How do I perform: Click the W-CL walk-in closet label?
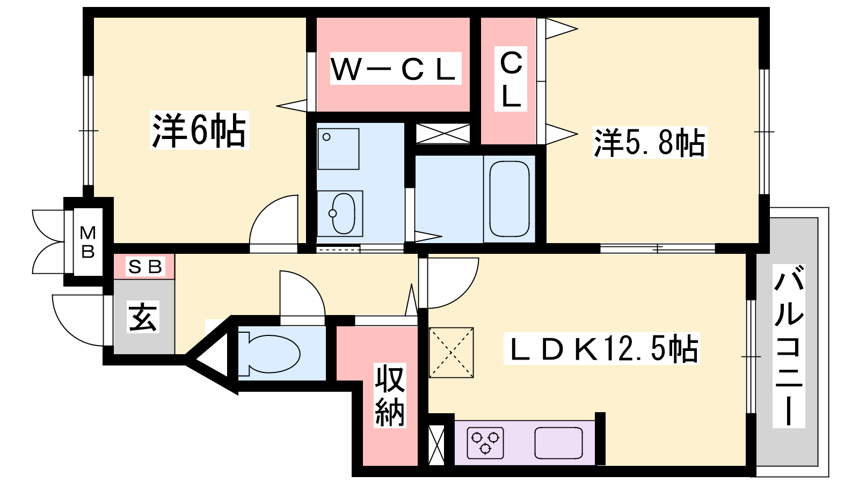[x=395, y=69]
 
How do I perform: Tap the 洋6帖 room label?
[x=199, y=130]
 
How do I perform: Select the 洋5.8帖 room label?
[x=650, y=143]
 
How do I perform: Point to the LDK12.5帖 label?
[x=601, y=348]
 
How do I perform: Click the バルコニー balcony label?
[x=789, y=346]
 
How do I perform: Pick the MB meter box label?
[x=88, y=242]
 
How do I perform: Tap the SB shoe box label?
[x=145, y=266]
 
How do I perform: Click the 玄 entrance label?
[x=143, y=317]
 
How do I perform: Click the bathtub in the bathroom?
[x=509, y=199]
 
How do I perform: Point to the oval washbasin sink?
[x=343, y=213]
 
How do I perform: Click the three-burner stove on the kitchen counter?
[x=485, y=443]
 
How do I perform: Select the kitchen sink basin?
[x=558, y=443]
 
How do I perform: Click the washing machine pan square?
[x=338, y=149]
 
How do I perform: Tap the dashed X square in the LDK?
[x=452, y=353]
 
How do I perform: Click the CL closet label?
[x=511, y=79]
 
